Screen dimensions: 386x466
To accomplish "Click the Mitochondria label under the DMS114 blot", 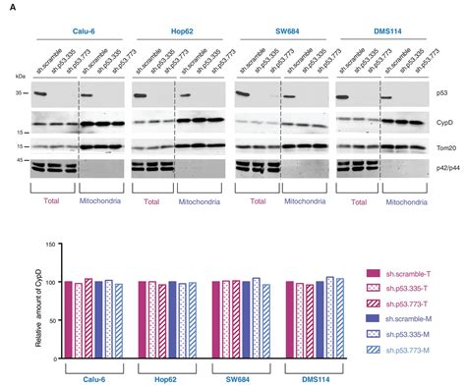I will coord(407,201).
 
